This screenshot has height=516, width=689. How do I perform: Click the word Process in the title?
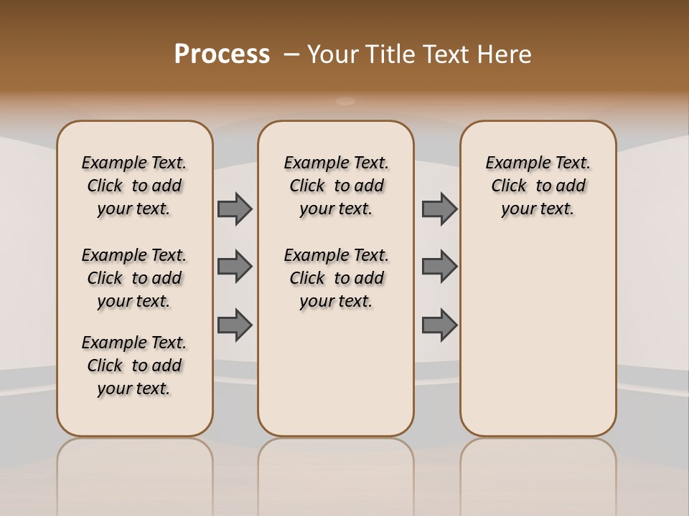point(222,54)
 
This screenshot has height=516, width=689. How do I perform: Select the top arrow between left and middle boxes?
point(235,209)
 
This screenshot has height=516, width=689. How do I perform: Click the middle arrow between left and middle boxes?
point(235,267)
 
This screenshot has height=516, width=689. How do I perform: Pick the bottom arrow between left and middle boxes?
point(235,325)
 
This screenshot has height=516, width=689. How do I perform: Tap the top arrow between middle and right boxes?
point(439,209)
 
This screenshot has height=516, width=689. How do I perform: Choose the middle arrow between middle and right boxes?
point(439,267)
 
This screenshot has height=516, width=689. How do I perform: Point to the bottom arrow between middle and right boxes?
point(439,325)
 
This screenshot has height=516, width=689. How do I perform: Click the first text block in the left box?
point(134,186)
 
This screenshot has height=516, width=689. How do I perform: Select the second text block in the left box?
point(134,278)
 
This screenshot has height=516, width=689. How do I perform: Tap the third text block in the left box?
point(134,365)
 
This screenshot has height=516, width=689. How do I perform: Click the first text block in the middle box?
point(336,186)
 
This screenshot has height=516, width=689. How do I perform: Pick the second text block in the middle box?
point(336,278)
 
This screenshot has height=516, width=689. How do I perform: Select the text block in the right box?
point(538,186)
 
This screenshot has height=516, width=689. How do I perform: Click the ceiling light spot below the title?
point(345,101)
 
